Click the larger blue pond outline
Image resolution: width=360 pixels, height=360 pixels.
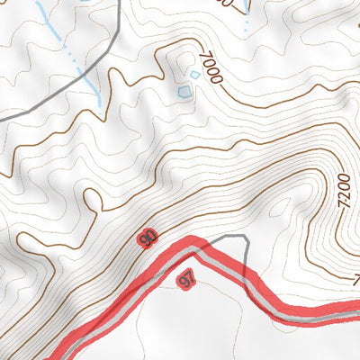coord(184,91)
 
